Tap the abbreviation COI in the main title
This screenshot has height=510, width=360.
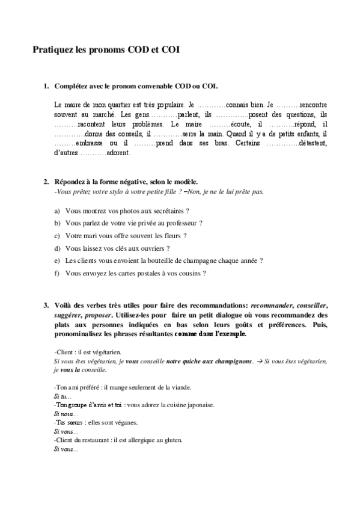[168, 51]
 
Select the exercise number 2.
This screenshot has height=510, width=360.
[45, 181]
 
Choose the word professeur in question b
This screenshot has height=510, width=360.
[183, 223]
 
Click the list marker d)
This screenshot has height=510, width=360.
[57, 248]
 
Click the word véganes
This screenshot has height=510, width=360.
[124, 423]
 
